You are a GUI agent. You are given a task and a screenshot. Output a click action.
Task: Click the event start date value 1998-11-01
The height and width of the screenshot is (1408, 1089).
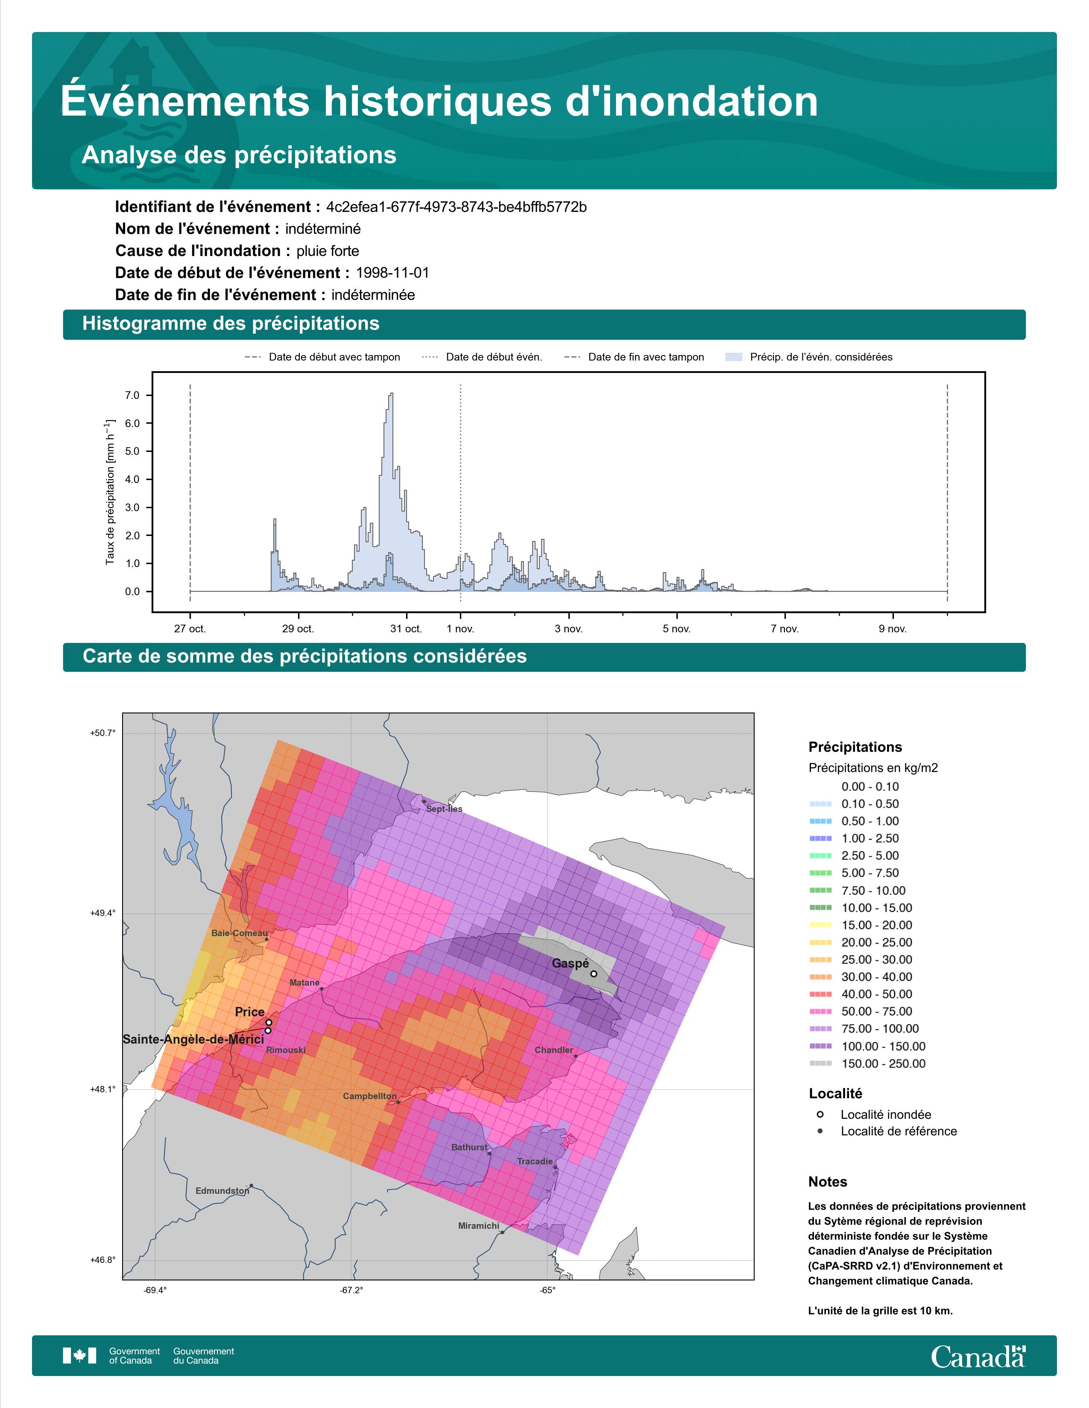[x=392, y=273]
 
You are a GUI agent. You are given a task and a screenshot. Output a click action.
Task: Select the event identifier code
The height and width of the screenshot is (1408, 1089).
[x=456, y=207]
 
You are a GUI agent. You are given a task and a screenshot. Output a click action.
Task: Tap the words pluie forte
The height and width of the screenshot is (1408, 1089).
[x=328, y=251]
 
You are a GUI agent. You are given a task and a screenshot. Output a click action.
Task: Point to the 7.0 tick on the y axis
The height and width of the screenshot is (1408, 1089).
[x=132, y=395]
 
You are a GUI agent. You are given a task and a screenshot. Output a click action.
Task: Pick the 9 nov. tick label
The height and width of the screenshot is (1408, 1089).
[x=893, y=629]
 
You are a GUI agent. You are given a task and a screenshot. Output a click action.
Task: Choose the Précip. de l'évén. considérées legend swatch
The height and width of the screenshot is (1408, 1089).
[x=734, y=357]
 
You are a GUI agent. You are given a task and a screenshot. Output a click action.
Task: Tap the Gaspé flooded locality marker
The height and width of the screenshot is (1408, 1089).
[x=594, y=974]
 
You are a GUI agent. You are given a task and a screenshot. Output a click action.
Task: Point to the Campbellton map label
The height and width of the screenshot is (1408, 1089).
[x=370, y=1096]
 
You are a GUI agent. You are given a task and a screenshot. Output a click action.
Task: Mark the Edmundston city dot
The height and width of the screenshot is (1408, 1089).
[x=251, y=1186]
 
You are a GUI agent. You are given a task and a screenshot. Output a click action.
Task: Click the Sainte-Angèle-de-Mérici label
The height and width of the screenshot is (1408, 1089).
[x=193, y=1039]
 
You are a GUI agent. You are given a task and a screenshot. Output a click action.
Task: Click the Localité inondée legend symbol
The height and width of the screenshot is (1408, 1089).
[x=820, y=1114]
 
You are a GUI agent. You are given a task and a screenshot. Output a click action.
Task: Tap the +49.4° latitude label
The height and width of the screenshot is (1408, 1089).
[x=102, y=913]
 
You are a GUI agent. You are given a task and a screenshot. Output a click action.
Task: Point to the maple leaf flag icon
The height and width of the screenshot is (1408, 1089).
[x=79, y=1356]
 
